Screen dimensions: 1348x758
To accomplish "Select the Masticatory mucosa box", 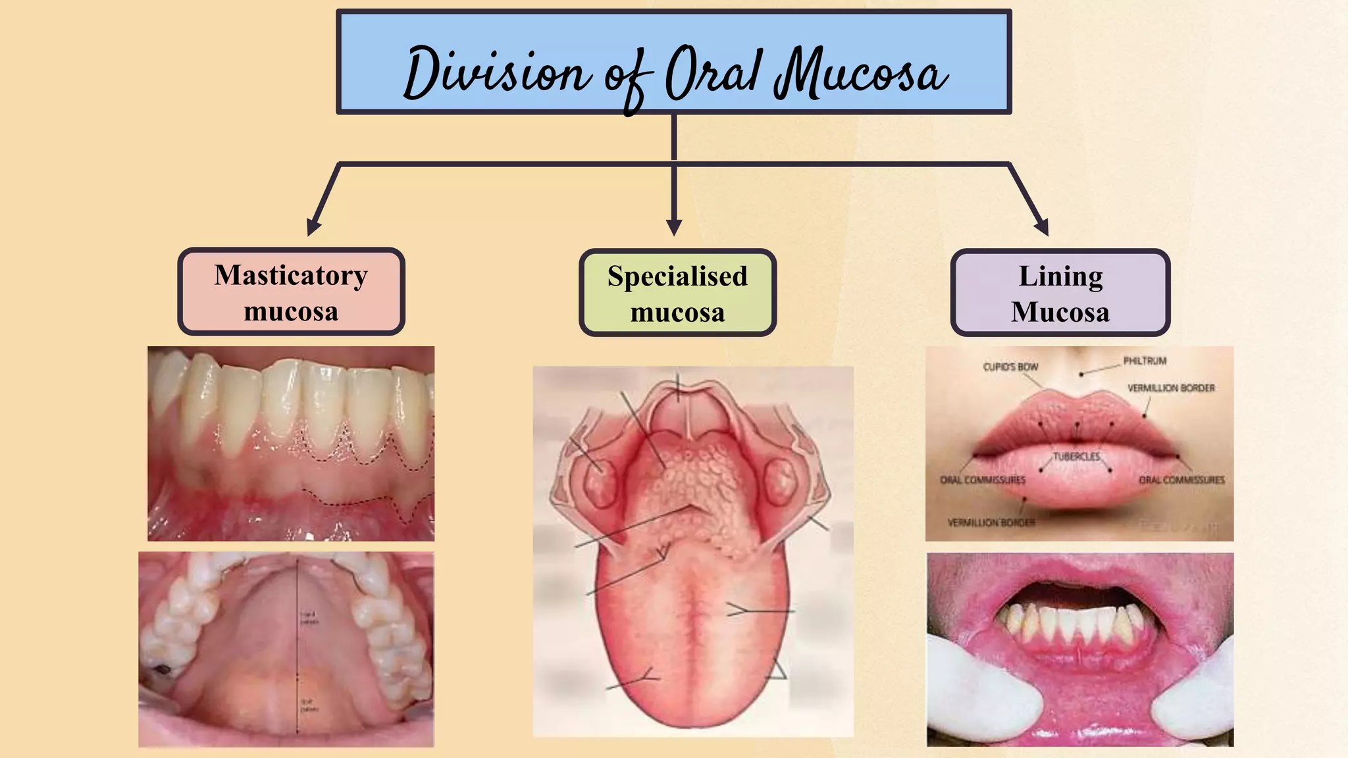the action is tap(291, 292).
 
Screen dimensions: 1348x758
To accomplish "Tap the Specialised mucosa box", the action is tap(677, 293).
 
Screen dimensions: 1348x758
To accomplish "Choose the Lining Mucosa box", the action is tap(1060, 293).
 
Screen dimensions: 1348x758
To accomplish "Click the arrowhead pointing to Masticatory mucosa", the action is tap(314, 228).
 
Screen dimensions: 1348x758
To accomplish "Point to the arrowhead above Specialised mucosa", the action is tap(673, 228).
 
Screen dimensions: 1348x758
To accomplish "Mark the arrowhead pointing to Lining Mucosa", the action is tap(1041, 228).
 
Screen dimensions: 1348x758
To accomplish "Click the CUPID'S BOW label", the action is tap(1010, 366).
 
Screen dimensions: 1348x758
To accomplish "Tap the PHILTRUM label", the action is tap(1145, 361).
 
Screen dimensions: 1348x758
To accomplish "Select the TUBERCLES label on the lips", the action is tap(1076, 456).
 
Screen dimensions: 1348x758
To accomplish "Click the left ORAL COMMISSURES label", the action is tap(983, 480).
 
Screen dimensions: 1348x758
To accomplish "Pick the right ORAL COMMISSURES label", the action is tap(1181, 480).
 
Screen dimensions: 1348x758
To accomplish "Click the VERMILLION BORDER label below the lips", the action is tap(991, 522).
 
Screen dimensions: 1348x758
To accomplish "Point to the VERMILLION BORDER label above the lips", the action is tap(1171, 388).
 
